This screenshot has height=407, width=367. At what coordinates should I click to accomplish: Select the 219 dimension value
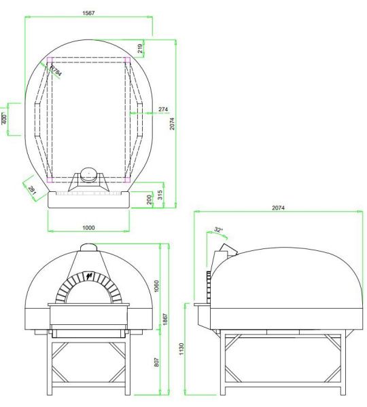(x=140, y=48)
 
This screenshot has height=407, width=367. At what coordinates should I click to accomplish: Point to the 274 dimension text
(x=163, y=109)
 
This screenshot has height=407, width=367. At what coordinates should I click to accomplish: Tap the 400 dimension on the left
(x=4, y=119)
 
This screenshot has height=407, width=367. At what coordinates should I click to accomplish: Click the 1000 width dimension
(x=88, y=228)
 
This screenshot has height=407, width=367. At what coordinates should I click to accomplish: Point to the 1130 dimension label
(x=181, y=349)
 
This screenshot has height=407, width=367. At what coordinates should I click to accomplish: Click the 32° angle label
(x=218, y=230)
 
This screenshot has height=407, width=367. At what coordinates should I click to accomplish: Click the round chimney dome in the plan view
(x=88, y=172)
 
